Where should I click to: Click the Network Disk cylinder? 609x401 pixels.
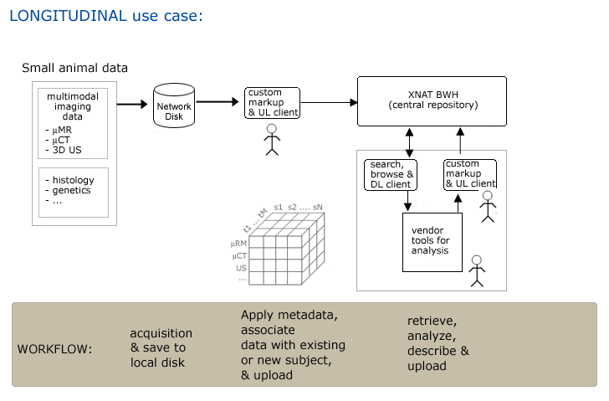(174, 105)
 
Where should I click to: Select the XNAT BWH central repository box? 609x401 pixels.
(432, 100)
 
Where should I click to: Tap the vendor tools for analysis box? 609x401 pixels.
(432, 241)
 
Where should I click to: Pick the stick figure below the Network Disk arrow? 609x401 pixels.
(271, 140)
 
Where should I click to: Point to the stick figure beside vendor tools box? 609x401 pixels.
(477, 270)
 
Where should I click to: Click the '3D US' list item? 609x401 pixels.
(65, 151)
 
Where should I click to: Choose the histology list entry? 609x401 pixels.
(70, 180)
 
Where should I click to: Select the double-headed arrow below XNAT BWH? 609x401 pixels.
(409, 142)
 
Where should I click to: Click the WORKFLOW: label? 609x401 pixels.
(55, 348)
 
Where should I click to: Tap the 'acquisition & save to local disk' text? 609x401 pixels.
(161, 347)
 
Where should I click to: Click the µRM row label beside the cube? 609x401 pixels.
(238, 244)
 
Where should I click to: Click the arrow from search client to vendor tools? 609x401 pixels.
(408, 201)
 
